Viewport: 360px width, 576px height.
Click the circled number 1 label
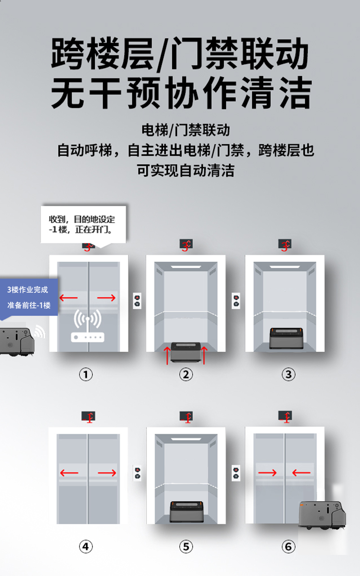(x=86, y=374)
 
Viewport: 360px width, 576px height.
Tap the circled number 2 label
(x=186, y=374)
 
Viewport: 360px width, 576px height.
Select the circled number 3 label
(x=289, y=374)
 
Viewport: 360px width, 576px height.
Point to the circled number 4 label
(x=86, y=546)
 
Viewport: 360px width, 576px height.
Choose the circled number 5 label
(x=186, y=546)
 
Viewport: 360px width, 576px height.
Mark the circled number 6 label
(x=289, y=546)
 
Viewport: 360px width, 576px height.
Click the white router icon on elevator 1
(x=88, y=325)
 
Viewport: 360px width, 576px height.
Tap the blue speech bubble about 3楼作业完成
(x=29, y=298)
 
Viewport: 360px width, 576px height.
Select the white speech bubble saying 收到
(x=83, y=225)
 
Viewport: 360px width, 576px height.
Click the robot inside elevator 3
(x=286, y=338)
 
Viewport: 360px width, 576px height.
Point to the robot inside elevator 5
(x=186, y=512)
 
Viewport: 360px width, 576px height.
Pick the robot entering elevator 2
(x=186, y=352)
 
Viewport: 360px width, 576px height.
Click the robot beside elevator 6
(x=323, y=515)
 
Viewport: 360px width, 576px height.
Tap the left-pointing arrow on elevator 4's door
(x=69, y=472)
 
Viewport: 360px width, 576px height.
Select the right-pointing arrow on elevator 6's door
(x=267, y=472)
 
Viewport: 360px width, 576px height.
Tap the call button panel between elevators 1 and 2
(x=137, y=301)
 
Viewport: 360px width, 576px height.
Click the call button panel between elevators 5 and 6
(x=236, y=473)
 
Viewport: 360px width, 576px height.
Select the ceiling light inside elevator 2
(x=186, y=266)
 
